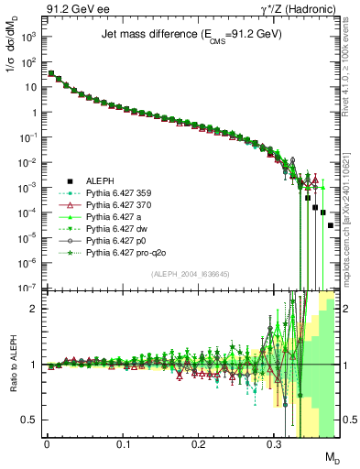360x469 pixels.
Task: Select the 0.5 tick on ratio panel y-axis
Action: [x=31, y=420]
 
